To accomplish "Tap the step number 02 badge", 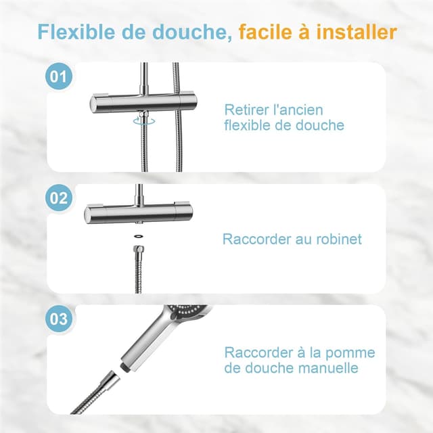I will (60, 198).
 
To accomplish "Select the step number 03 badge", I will (60, 319).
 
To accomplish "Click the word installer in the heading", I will (359, 32).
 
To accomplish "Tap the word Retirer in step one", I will (246, 110).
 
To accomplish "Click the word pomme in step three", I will (352, 352).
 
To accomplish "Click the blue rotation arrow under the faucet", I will (141, 121).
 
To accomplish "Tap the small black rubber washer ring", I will (138, 236).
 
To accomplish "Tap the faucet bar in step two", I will (139, 214).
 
